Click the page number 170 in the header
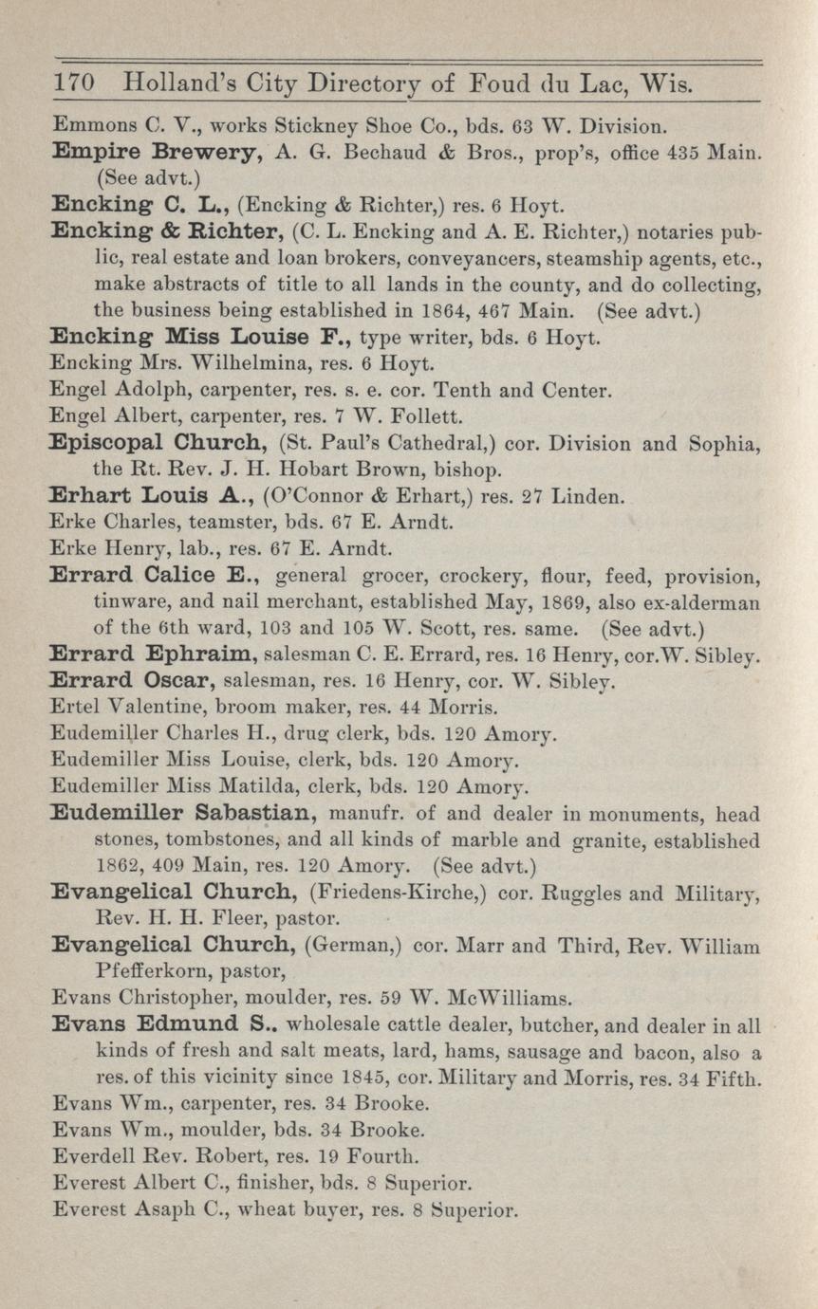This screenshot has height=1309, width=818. pos(72,84)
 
